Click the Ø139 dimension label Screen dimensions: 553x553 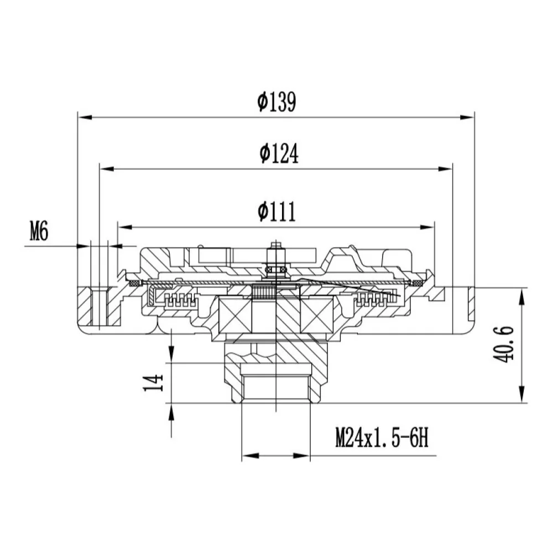tap(276, 102)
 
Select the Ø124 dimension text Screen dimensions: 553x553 tap(279, 153)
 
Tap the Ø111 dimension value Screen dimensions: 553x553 tap(276, 212)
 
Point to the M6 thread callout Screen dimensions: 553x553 tap(39, 232)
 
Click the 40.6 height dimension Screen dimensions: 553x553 tap(503, 345)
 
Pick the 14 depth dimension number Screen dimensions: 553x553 tap(153, 383)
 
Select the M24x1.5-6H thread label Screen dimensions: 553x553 tap(382, 437)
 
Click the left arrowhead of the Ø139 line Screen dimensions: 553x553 tap(85, 117)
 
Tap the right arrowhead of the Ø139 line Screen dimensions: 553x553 tap(467, 117)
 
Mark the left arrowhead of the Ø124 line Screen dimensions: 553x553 tap(107, 169)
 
